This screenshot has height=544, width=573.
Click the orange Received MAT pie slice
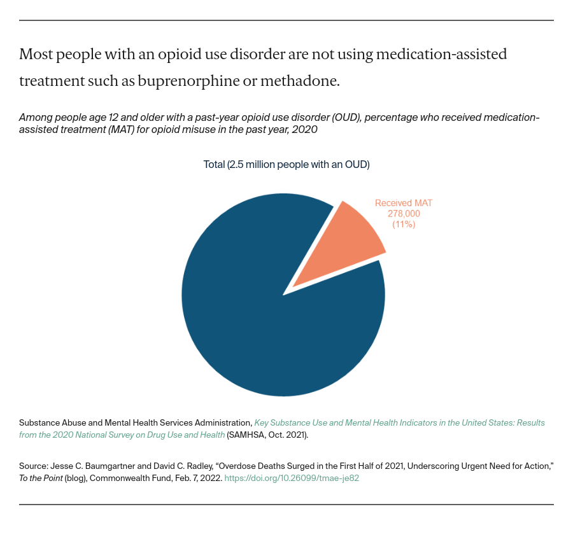point(347,245)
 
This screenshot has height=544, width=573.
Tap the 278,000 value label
point(404,214)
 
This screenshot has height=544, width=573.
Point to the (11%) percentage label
point(404,225)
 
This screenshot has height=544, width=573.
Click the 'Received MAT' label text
point(404,203)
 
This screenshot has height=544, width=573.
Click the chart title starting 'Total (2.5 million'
point(286,164)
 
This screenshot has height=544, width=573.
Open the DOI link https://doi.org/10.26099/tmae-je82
point(292,478)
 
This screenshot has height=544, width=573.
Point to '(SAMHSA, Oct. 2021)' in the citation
point(267,435)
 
